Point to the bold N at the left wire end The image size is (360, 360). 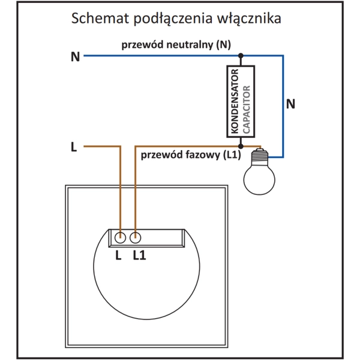click(x=75, y=57)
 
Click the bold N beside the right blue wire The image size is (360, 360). click(x=291, y=104)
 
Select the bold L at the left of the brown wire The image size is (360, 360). click(x=73, y=146)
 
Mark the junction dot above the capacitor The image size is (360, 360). click(x=241, y=56)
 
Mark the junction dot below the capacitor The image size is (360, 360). click(x=241, y=146)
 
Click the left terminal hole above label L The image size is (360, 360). click(x=120, y=237)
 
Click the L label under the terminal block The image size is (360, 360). click(x=118, y=255)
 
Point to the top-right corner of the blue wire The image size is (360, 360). click(x=283, y=56)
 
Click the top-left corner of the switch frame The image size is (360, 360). click(x=65, y=188)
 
